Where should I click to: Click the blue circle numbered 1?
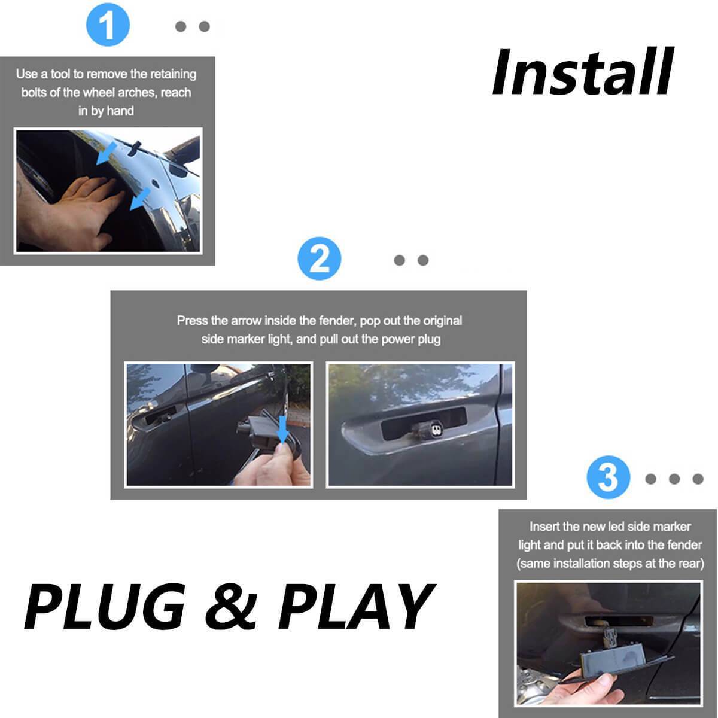[x=108, y=25]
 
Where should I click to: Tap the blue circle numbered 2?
[x=320, y=258]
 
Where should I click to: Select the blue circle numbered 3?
[x=608, y=477]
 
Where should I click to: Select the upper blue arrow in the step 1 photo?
[x=107, y=153]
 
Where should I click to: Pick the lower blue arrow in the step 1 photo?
[x=140, y=199]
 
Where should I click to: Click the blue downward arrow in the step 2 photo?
[x=283, y=430]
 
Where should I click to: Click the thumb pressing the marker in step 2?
[x=284, y=453]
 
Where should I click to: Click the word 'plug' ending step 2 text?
[x=429, y=339]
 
